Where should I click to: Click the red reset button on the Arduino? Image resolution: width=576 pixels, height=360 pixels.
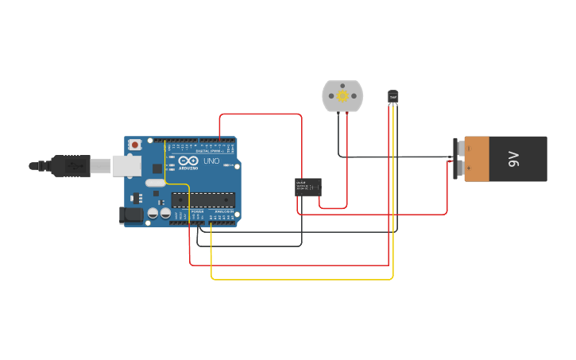coord(135,145)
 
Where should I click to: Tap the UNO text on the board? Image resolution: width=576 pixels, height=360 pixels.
coord(212,161)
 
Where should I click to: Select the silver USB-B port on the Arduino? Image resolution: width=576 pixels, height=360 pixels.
coord(126,165)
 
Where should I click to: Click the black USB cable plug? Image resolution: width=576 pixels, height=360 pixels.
coord(71,165)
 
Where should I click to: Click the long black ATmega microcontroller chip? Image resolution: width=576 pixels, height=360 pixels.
coord(203,199)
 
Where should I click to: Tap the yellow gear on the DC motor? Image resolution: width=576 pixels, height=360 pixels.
coord(342,95)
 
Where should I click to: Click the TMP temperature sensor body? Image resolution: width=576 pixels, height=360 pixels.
coord(393,96)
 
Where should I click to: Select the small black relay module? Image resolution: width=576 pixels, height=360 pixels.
coord(308,187)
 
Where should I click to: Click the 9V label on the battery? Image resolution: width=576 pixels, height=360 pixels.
coord(513,159)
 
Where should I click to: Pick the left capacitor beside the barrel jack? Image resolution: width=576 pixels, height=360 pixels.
coord(153,213)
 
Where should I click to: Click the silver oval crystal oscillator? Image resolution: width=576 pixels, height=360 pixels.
coord(156,183)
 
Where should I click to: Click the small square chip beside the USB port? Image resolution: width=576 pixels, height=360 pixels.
coord(157,168)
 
